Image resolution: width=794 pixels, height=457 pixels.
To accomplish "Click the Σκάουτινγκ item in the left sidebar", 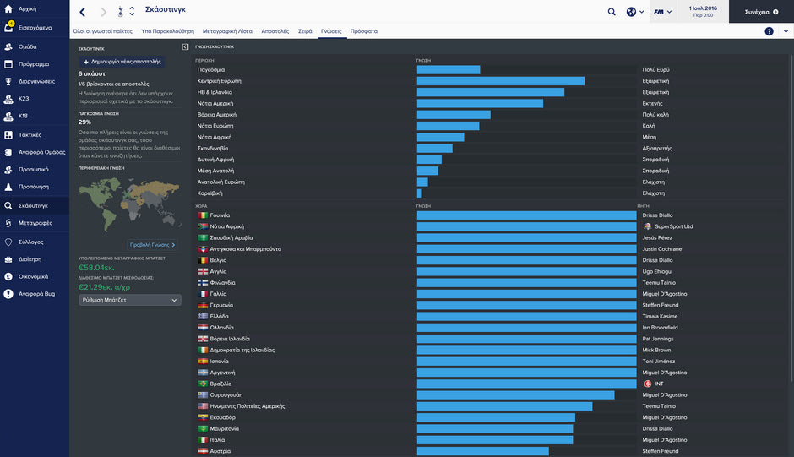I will tap(34, 205).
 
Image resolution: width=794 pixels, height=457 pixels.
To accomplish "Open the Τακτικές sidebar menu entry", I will tap(30, 134).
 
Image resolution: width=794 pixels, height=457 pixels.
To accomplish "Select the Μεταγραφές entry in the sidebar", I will tap(35, 223).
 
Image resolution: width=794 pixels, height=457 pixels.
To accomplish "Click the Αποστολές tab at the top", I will tap(275, 31).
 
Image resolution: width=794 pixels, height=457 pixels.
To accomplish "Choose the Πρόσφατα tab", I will tap(364, 31).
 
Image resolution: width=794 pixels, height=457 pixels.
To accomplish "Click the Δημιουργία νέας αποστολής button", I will tap(122, 62).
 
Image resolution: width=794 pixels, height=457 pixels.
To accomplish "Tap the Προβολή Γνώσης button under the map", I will tap(153, 245).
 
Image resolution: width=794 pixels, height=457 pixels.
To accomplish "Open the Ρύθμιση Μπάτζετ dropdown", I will tap(129, 300).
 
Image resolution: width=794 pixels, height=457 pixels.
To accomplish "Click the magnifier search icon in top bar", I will tap(612, 12).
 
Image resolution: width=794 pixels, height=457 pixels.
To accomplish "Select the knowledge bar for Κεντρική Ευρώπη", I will tap(500, 81).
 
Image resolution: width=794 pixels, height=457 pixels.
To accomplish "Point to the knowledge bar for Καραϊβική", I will tap(419, 193).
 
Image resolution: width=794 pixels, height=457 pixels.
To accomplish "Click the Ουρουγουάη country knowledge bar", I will tap(515, 395).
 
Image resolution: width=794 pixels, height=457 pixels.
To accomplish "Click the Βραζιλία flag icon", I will tap(203, 384).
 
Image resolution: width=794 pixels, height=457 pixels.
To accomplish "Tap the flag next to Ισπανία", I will tap(203, 362).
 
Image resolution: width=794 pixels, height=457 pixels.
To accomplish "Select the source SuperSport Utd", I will tap(673, 226).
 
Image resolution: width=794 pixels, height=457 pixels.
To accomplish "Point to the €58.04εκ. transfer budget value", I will tap(95, 267).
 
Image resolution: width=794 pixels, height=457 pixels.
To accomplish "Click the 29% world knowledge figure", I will tap(84, 122).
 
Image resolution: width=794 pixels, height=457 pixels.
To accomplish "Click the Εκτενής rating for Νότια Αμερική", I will tap(653, 103).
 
